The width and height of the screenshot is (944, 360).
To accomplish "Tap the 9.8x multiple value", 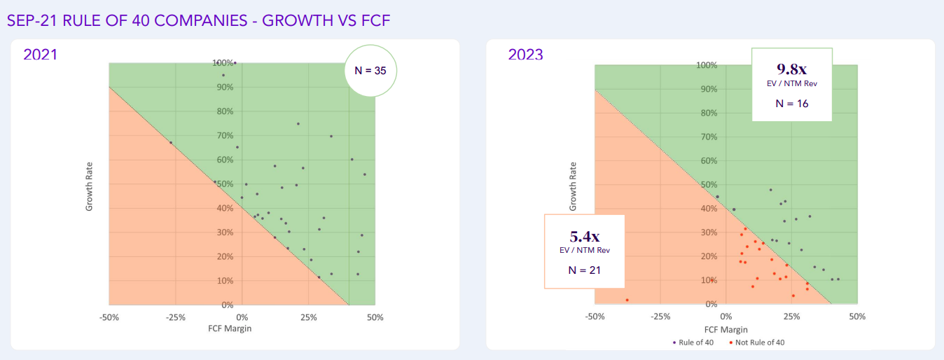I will tap(791, 69).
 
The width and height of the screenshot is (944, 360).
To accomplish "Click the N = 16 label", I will tap(792, 103).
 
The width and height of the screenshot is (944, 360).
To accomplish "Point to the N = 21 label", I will tap(583, 269).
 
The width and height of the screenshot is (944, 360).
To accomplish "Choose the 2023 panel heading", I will tap(525, 54).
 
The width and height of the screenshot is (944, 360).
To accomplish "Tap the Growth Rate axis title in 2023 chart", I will tap(573, 186).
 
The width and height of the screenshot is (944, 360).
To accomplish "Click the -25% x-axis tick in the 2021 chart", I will tap(175, 317).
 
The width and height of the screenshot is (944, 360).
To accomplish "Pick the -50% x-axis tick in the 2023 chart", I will tap(595, 317).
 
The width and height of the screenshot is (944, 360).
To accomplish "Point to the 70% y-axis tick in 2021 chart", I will tap(225, 135).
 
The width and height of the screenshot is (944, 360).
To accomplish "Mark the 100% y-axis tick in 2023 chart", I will tap(707, 65).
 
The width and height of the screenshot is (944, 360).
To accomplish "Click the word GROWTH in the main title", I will tap(291, 20).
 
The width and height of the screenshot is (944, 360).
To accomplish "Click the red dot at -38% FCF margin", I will tap(627, 300).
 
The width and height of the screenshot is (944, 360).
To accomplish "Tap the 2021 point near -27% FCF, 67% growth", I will tap(170, 143).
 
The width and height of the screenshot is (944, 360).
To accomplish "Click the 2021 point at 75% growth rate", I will tap(298, 124).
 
